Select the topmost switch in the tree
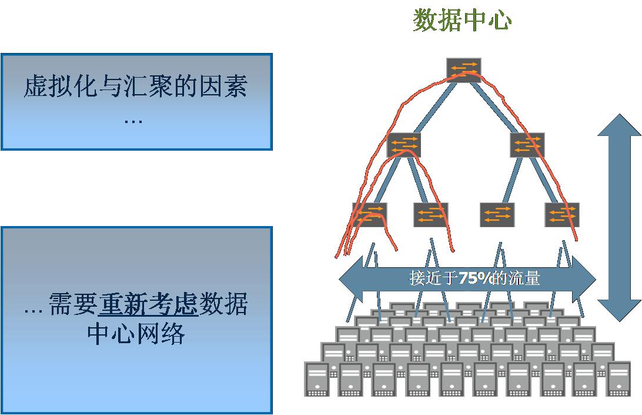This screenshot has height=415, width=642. [463, 69]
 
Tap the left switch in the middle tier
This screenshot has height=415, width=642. [404, 145]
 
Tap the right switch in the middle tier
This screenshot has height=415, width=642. [527, 145]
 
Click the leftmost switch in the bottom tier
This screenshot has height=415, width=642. [369, 214]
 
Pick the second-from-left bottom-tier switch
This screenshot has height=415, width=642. [430, 214]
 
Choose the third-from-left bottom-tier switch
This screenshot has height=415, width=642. [497, 214]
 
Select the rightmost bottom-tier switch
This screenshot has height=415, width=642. [561, 214]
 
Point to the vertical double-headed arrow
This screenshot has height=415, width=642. [619, 218]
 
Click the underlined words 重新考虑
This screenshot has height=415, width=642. [148, 304]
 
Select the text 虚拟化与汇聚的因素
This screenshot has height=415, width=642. [136, 87]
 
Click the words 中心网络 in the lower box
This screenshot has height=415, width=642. [136, 333]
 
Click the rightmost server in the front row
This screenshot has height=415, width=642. [618, 379]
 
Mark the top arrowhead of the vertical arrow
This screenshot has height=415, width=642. [619, 127]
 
